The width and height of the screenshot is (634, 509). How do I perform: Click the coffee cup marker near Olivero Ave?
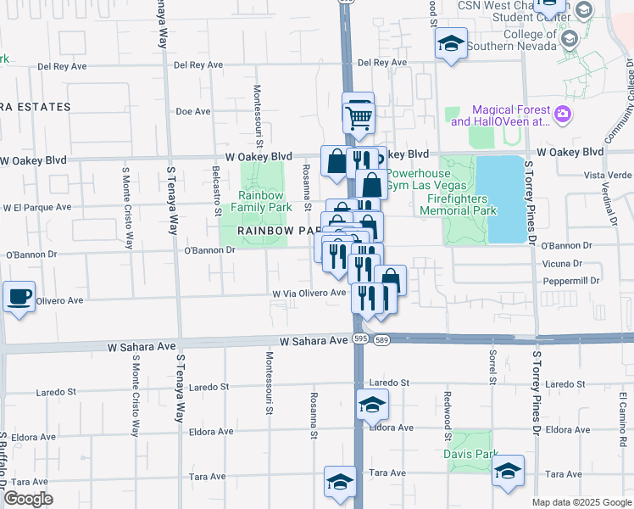[x=19, y=297]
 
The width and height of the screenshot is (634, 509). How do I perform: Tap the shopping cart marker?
[x=359, y=118]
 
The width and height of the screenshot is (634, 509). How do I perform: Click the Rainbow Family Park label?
[x=261, y=201]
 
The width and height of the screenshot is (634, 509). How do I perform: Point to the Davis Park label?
[x=470, y=453]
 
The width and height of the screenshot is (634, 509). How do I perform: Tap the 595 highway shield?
[x=360, y=338]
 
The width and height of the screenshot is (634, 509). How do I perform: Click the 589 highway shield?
[x=381, y=339]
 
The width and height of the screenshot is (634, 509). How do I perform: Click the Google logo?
[x=28, y=499]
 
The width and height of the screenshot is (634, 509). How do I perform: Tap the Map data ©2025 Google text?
[x=581, y=502]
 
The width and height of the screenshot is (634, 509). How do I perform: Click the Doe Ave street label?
[x=192, y=111]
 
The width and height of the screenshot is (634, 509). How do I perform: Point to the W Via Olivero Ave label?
[x=309, y=293]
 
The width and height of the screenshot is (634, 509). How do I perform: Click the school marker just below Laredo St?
[x=371, y=406]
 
